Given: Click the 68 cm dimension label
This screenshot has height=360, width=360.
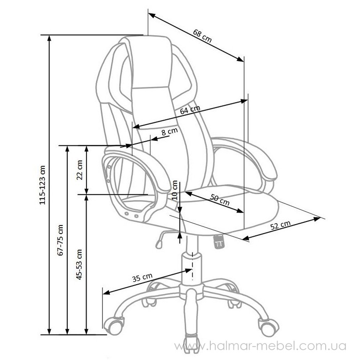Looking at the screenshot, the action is pyautogui.click(x=202, y=36).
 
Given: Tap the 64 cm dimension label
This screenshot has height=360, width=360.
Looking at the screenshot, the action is pyautogui.click(x=190, y=110).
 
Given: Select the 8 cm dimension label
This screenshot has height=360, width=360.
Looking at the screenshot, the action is pyautogui.click(x=169, y=131).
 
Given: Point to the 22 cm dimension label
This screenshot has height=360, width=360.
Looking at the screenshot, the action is pyautogui.click(x=79, y=170).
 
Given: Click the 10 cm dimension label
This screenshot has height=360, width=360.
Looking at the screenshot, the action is pyautogui.click(x=175, y=190).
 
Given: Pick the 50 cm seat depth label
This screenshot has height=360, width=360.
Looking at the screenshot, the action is pyautogui.click(x=220, y=200).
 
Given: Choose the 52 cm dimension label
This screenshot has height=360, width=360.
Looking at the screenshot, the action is pyautogui.click(x=280, y=225).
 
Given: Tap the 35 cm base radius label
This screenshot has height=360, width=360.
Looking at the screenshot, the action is pyautogui.click(x=142, y=278).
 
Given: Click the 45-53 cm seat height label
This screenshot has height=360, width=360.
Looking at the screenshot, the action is pyautogui.click(x=79, y=264).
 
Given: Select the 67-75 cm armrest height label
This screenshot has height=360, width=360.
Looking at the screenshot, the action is pyautogui.click(x=61, y=240).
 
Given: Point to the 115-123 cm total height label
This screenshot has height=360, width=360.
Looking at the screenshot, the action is pyautogui.click(x=42, y=185).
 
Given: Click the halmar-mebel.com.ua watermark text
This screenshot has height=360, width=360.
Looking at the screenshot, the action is pyautogui.click(x=260, y=346).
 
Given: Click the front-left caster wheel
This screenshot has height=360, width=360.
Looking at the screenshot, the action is pyautogui.click(x=114, y=325).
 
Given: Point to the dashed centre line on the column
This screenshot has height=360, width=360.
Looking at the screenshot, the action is pyautogui.click(x=192, y=266).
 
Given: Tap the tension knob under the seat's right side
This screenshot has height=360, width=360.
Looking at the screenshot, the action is pyautogui.click(x=220, y=241).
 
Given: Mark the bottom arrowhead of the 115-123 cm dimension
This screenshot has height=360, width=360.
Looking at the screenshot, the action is pyautogui.click(x=49, y=331).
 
